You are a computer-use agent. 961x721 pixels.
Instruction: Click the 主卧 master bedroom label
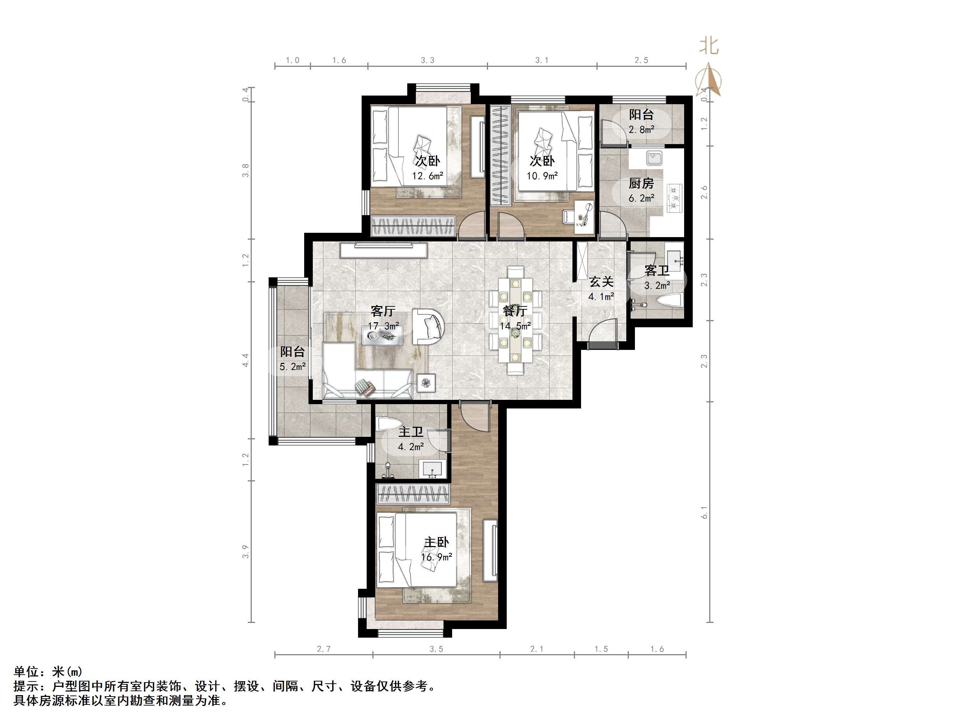click(436, 542)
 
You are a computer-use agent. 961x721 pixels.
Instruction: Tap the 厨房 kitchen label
click(641, 184)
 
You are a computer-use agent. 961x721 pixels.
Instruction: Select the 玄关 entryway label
click(601, 282)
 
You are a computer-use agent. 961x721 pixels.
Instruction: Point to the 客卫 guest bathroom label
click(656, 271)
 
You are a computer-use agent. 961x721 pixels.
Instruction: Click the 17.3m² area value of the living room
click(383, 326)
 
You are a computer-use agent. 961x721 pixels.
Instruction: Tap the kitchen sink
click(654, 158)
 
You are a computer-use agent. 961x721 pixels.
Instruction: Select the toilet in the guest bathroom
click(669, 300)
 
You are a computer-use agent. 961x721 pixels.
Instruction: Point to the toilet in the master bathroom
click(387, 424)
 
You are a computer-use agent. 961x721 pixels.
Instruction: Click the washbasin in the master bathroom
click(432, 469)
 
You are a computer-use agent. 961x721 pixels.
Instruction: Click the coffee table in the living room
click(382, 336)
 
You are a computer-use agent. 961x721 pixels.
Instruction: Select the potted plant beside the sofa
click(426, 383)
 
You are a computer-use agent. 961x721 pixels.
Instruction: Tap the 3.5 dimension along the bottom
click(436, 649)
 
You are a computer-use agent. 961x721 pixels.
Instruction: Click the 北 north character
click(709, 46)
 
